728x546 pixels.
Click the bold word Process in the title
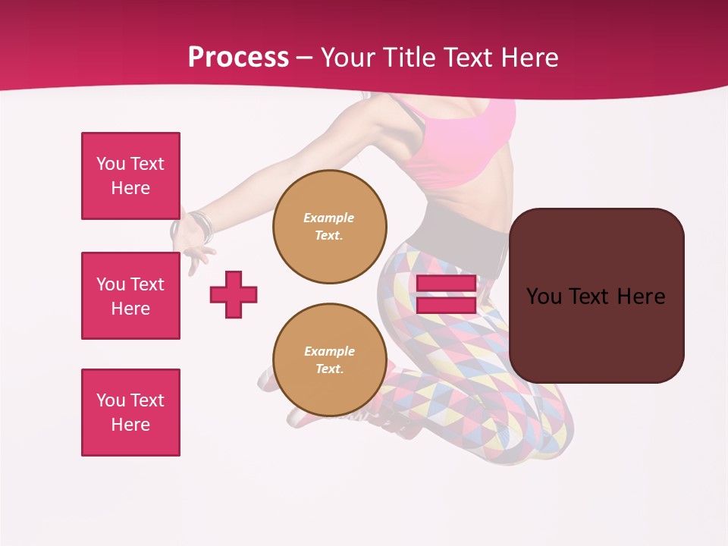pyautogui.click(x=238, y=58)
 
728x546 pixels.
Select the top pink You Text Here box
pyautogui.click(x=130, y=176)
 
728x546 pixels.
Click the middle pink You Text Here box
pyautogui.click(x=130, y=296)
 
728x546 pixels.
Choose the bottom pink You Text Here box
pyautogui.click(x=130, y=413)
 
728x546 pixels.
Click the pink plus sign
pyautogui.click(x=234, y=294)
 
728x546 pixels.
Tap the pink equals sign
pyautogui.click(x=446, y=294)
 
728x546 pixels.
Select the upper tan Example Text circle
pyautogui.click(x=329, y=227)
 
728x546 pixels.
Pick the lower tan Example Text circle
pyautogui.click(x=329, y=360)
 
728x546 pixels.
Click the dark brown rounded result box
pyautogui.click(x=596, y=295)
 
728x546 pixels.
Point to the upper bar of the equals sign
pyautogui.click(x=446, y=284)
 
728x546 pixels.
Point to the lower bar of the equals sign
pyautogui.click(x=446, y=305)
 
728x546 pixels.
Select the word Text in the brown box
pyautogui.click(x=595, y=297)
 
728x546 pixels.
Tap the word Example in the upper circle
pyautogui.click(x=328, y=218)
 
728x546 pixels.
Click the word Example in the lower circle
pyautogui.click(x=329, y=351)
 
